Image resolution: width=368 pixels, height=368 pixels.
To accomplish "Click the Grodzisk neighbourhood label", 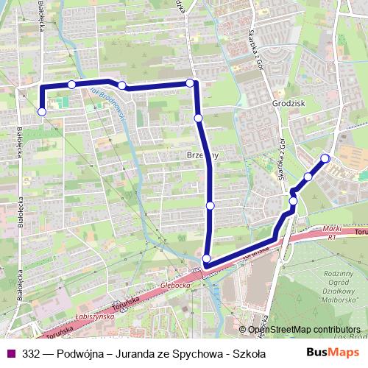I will (288, 105).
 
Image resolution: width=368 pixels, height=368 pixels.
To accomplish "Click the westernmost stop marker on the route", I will (42, 112).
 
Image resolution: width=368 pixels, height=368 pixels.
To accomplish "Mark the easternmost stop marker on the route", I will (325, 158).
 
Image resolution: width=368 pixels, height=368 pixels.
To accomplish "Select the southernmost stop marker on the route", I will (207, 258).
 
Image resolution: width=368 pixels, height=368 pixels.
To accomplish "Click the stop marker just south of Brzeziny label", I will (210, 205).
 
